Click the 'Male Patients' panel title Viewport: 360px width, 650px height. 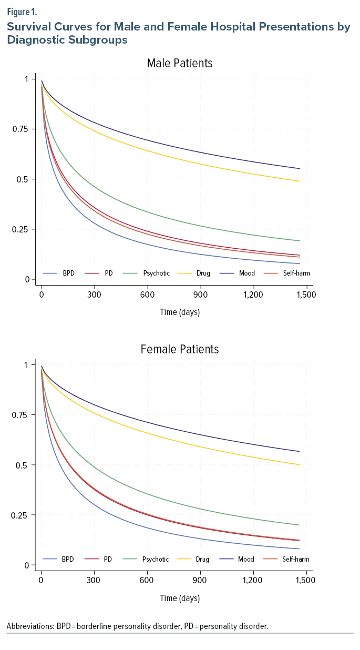[180, 64]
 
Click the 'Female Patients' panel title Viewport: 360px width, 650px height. [180, 349]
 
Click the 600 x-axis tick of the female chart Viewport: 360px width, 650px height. [147, 581]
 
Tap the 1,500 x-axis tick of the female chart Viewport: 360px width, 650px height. [306, 581]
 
